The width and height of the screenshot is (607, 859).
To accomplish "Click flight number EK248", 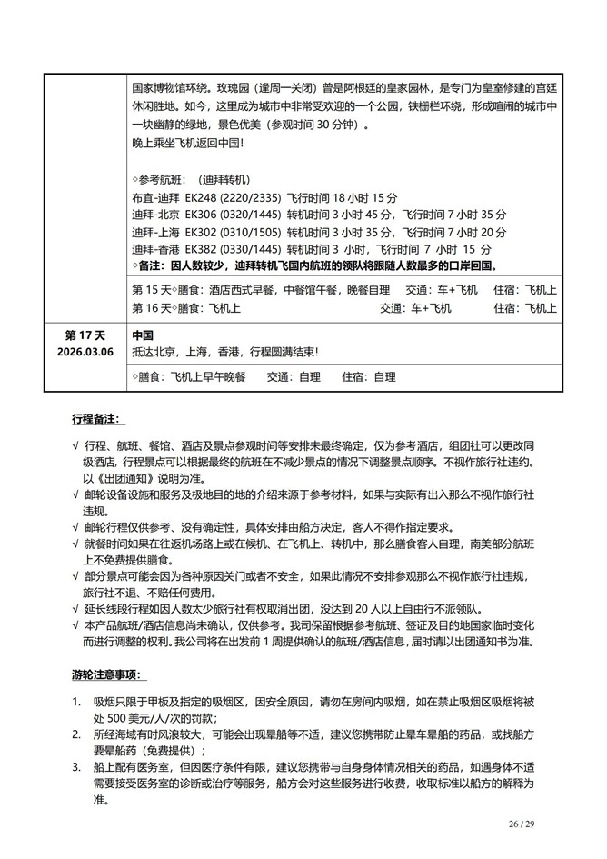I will tap(199, 199).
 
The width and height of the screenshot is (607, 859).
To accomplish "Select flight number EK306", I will tap(199, 215).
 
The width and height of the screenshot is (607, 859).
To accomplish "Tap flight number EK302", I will tap(199, 232).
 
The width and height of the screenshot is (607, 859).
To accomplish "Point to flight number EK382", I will tap(199, 248).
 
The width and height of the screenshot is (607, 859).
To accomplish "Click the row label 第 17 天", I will tap(89, 335).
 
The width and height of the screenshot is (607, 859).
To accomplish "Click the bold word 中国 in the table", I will tap(142, 335).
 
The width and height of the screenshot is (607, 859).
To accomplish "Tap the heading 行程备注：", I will tap(101, 420).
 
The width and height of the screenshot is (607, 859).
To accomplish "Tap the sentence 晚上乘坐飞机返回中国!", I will tap(187, 143).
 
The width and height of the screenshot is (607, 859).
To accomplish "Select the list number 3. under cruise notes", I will tap(77, 769).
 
